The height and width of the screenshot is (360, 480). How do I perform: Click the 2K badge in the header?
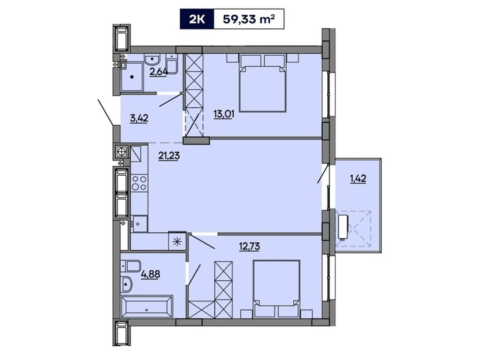197,19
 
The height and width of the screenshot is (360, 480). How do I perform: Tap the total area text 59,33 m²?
249,19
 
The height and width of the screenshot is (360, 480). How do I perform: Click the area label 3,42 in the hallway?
139,118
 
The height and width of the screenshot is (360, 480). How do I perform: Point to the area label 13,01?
223,114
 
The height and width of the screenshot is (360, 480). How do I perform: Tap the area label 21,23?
169,156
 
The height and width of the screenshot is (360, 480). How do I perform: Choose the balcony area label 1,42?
358,178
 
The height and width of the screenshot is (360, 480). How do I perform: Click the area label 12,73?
249,246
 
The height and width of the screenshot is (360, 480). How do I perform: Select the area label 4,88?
150,274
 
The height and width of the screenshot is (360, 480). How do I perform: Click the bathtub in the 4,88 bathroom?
147,306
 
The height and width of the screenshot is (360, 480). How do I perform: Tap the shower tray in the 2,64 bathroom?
132,77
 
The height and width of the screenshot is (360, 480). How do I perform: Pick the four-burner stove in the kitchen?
139,183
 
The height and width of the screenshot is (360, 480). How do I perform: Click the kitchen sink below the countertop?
140,224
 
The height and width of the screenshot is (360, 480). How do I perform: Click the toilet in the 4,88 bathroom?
132,266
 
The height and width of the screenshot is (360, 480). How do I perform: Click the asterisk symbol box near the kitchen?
177,241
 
